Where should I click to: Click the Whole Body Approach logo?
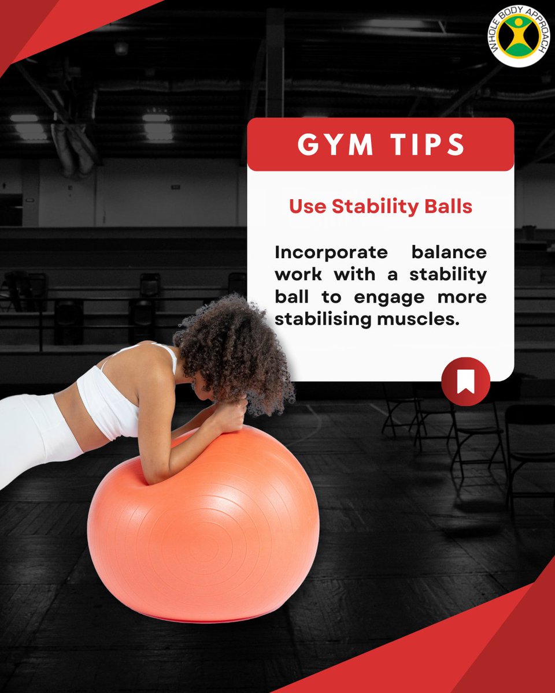coord(519,36)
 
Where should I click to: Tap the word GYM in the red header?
coord(335,144)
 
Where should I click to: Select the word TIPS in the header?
coord(428,144)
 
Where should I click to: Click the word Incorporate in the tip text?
coord(331,253)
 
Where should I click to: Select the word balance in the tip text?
coord(449,252)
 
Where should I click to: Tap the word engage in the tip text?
coord(389,299)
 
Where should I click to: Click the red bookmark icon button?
coord(465,381)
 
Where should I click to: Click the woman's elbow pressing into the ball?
coord(156,479)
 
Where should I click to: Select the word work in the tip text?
coord(298,275)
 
